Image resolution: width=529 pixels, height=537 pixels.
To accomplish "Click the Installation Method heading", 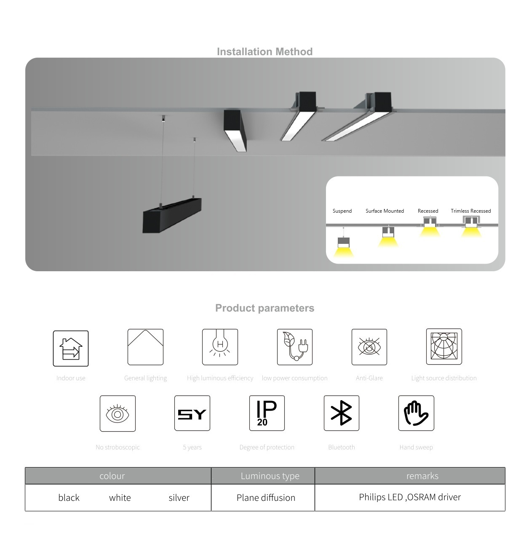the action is click(264, 51).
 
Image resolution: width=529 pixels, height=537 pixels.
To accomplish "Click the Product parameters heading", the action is click(264, 308).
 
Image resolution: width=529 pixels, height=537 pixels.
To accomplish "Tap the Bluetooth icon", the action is click(342, 413).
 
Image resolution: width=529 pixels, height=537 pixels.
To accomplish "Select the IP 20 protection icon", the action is click(267, 413).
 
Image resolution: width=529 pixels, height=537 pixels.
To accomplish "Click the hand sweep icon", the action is click(416, 413).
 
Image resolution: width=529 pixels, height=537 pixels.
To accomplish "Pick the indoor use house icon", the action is click(71, 348).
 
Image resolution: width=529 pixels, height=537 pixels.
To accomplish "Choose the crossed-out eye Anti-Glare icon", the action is click(369, 347).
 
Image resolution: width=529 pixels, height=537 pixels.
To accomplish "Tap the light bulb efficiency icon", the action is click(220, 347).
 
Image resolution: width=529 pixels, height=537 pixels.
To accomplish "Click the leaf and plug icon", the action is click(294, 347).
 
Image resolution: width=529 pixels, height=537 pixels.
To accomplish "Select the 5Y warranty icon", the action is click(192, 413).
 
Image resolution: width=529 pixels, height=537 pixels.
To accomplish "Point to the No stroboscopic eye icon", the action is click(118, 414).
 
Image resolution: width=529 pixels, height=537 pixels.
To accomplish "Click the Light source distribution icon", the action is click(444, 347).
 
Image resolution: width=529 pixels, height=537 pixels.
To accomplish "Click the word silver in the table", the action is click(179, 498).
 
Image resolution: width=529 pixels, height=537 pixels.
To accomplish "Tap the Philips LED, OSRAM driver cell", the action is click(410, 498).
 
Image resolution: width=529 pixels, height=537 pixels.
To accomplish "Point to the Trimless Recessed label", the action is click(471, 211).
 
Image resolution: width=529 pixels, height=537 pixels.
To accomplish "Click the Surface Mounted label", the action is click(385, 211).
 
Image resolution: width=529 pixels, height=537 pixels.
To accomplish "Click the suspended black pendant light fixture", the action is click(172, 215).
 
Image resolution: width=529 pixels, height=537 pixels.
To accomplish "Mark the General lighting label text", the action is click(145, 378).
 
